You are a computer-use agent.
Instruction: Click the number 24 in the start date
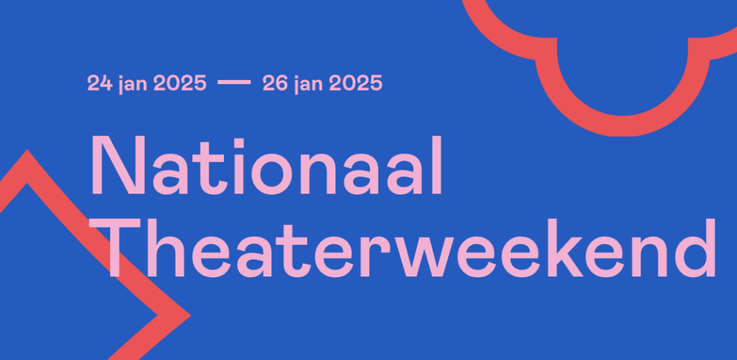(99, 84)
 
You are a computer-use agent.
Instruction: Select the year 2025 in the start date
(180, 84)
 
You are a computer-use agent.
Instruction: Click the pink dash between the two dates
(234, 83)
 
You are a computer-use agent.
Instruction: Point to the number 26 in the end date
(275, 84)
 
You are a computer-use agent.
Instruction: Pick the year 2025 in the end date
(356, 84)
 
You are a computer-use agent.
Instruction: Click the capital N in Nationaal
(117, 166)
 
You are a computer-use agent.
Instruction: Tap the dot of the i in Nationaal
(240, 143)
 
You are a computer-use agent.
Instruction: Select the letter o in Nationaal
(271, 174)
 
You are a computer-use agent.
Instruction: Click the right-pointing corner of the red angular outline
(190, 315)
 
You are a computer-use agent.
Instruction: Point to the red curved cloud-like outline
(623, 126)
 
